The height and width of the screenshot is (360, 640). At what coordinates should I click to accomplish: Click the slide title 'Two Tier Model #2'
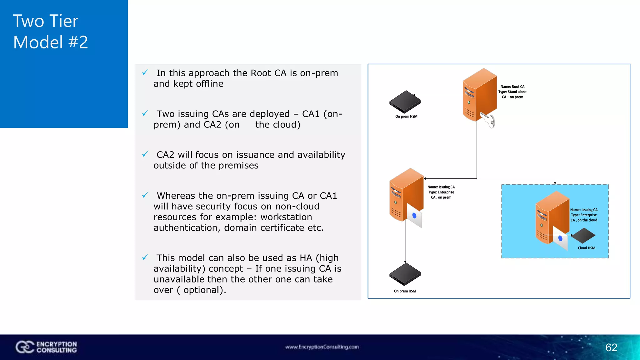point(50,32)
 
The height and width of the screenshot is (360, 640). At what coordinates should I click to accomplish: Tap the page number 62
point(611,347)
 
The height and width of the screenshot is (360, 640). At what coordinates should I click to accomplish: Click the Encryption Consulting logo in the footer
point(46,347)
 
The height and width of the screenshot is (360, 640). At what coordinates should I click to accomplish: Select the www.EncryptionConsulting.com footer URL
point(322,347)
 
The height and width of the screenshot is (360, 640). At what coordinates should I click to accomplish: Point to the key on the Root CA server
point(488,121)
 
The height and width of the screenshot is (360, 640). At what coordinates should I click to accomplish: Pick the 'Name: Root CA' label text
point(512,87)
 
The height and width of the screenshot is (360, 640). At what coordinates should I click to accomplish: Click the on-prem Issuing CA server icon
point(405,194)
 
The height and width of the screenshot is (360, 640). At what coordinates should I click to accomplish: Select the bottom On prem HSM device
point(405,274)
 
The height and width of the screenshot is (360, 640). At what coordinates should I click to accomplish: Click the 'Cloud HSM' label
point(586,248)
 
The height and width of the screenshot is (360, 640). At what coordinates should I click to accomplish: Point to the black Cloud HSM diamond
point(583,235)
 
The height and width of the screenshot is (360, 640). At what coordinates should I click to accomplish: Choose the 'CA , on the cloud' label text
point(584,220)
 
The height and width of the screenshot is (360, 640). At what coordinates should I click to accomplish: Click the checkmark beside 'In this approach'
point(145,72)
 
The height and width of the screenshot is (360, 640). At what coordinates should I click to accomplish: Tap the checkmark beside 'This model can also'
point(145,257)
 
